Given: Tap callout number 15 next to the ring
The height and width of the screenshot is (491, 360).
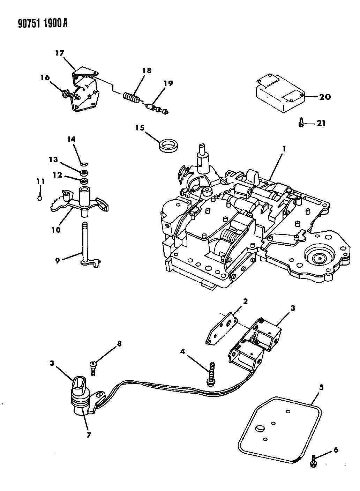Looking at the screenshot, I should click(x=140, y=128).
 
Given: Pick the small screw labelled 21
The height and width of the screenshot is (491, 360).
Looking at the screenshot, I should click(x=301, y=123).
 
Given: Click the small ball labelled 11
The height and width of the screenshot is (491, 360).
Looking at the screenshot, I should click(x=40, y=199).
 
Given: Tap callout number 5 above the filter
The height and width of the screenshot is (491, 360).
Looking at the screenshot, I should click(x=322, y=387).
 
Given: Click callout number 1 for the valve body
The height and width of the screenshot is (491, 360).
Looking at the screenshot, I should click(x=285, y=149).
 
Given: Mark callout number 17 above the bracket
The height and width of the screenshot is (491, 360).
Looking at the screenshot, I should click(x=59, y=53).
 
